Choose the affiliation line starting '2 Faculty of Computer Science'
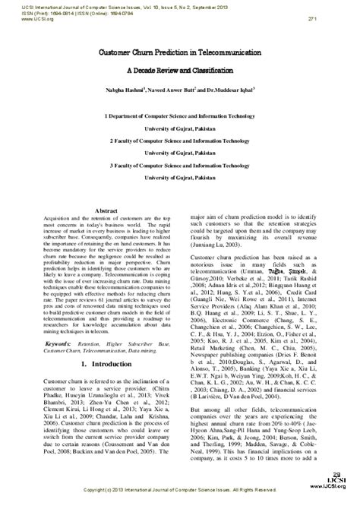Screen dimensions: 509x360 pyautogui.click(x=179, y=142)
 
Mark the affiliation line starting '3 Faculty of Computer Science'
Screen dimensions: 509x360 pyautogui.click(x=179, y=164)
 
